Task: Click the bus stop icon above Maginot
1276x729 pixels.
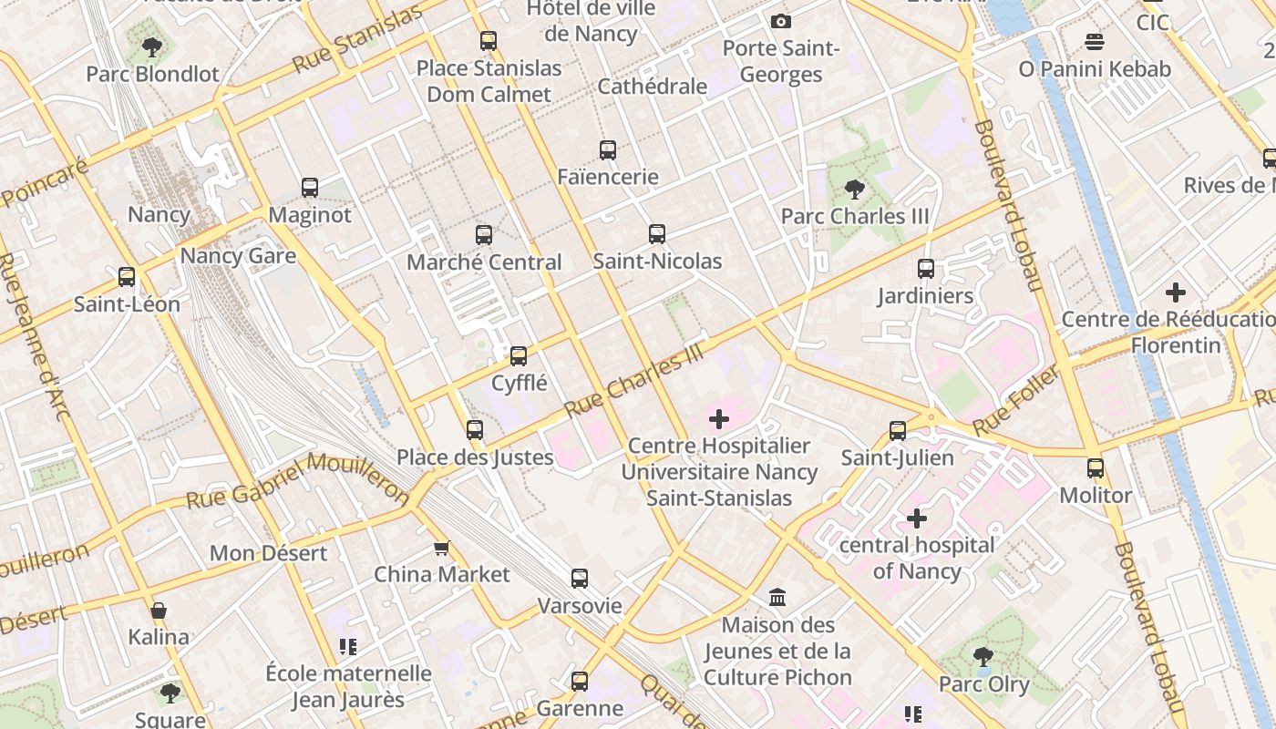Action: [x=310, y=188]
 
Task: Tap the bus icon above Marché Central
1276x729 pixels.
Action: [x=484, y=235]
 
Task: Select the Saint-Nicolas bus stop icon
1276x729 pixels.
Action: [x=657, y=234]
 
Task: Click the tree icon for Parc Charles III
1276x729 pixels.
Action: [x=855, y=190]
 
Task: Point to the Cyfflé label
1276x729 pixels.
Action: [x=519, y=383]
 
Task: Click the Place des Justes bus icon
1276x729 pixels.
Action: [x=475, y=430]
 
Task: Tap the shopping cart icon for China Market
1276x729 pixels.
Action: [x=442, y=548]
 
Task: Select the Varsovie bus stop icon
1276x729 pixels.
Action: [x=580, y=579]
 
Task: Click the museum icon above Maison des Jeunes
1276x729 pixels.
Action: [x=777, y=598]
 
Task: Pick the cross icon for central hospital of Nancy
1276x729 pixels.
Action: [x=917, y=519]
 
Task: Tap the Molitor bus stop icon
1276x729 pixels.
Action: [x=1096, y=468]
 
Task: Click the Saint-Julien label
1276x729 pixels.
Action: [x=897, y=457]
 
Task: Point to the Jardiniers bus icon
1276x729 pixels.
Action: [x=926, y=269]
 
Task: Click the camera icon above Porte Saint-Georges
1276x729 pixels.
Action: [x=781, y=22]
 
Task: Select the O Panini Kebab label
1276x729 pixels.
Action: [x=1095, y=69]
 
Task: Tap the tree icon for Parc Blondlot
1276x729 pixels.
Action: [x=152, y=46]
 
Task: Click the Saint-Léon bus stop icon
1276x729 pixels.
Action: [x=127, y=277]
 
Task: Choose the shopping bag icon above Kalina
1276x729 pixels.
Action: [x=159, y=610]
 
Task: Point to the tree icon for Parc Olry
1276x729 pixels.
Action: [x=983, y=656]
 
